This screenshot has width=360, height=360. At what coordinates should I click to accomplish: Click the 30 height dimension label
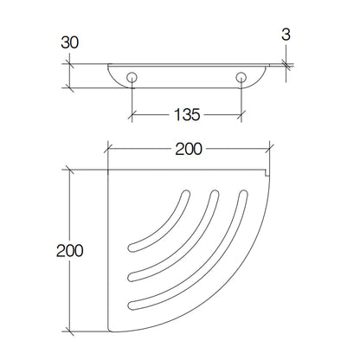(x=69, y=43)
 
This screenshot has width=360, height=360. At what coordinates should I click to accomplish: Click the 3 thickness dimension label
(x=286, y=35)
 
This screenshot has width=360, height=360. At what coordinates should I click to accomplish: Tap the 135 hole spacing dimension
(x=187, y=114)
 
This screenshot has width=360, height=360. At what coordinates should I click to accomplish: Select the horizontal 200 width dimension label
(x=189, y=149)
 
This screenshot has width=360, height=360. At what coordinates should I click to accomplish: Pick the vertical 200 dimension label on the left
(x=70, y=250)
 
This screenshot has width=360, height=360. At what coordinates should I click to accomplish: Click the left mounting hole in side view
(x=132, y=77)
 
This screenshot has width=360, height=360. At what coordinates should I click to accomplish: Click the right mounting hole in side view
(x=241, y=77)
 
